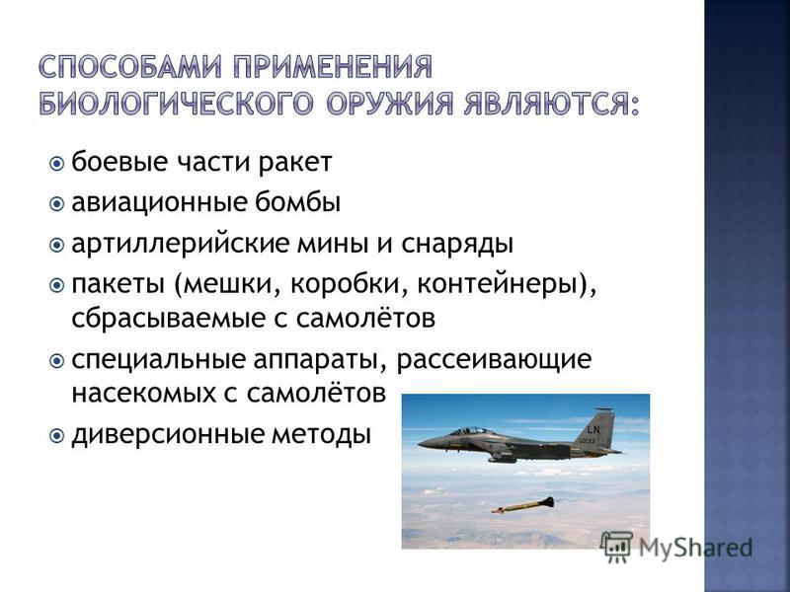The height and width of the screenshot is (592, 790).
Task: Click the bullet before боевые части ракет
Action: point(57,164)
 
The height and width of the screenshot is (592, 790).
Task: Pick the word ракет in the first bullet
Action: point(295,162)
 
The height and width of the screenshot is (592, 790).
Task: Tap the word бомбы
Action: point(297,202)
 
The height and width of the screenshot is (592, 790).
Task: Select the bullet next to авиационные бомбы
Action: point(57,204)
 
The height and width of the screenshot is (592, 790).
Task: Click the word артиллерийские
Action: point(180,244)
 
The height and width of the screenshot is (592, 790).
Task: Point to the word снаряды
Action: point(457,245)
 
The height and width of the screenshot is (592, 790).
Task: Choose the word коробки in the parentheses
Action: point(350,285)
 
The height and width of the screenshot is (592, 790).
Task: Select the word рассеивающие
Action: point(493,360)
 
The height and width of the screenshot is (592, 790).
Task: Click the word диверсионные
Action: point(168,435)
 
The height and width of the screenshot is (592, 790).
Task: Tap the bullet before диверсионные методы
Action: point(57,434)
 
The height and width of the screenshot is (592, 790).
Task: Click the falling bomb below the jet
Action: point(523,505)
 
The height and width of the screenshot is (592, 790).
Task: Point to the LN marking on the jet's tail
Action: point(593,429)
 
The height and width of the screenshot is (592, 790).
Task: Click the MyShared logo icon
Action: point(616,547)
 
